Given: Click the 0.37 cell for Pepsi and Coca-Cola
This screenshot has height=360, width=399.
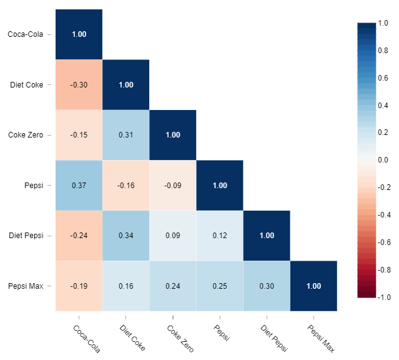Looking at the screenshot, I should click(x=79, y=185).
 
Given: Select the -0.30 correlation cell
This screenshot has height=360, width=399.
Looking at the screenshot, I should click(x=79, y=85).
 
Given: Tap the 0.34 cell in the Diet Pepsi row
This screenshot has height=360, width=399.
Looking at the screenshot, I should click(x=126, y=236).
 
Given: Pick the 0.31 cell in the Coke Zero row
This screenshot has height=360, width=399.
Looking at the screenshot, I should click(x=126, y=135).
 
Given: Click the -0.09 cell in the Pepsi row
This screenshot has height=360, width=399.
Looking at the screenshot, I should click(x=173, y=185).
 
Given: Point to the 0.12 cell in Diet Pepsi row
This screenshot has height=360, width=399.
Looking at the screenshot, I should click(x=220, y=236).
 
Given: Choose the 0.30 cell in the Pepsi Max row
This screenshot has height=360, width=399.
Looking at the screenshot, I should click(x=267, y=286).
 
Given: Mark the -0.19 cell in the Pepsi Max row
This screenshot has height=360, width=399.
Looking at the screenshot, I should click(x=79, y=286).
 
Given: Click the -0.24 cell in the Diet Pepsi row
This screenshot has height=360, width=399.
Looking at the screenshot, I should click(x=79, y=236).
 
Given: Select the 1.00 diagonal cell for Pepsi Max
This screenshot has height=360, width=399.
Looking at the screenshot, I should click(x=313, y=286).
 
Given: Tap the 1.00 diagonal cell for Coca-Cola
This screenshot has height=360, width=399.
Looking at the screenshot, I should click(x=79, y=34).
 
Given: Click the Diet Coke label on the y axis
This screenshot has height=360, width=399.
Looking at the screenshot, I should click(x=27, y=85).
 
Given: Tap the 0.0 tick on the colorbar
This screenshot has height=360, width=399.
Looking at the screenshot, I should click(x=383, y=160).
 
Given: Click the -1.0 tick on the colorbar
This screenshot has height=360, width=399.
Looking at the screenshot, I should click(x=385, y=297).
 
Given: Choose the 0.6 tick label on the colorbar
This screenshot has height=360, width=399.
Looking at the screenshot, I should click(x=383, y=77).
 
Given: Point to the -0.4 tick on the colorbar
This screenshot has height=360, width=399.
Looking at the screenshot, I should click(x=385, y=215).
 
